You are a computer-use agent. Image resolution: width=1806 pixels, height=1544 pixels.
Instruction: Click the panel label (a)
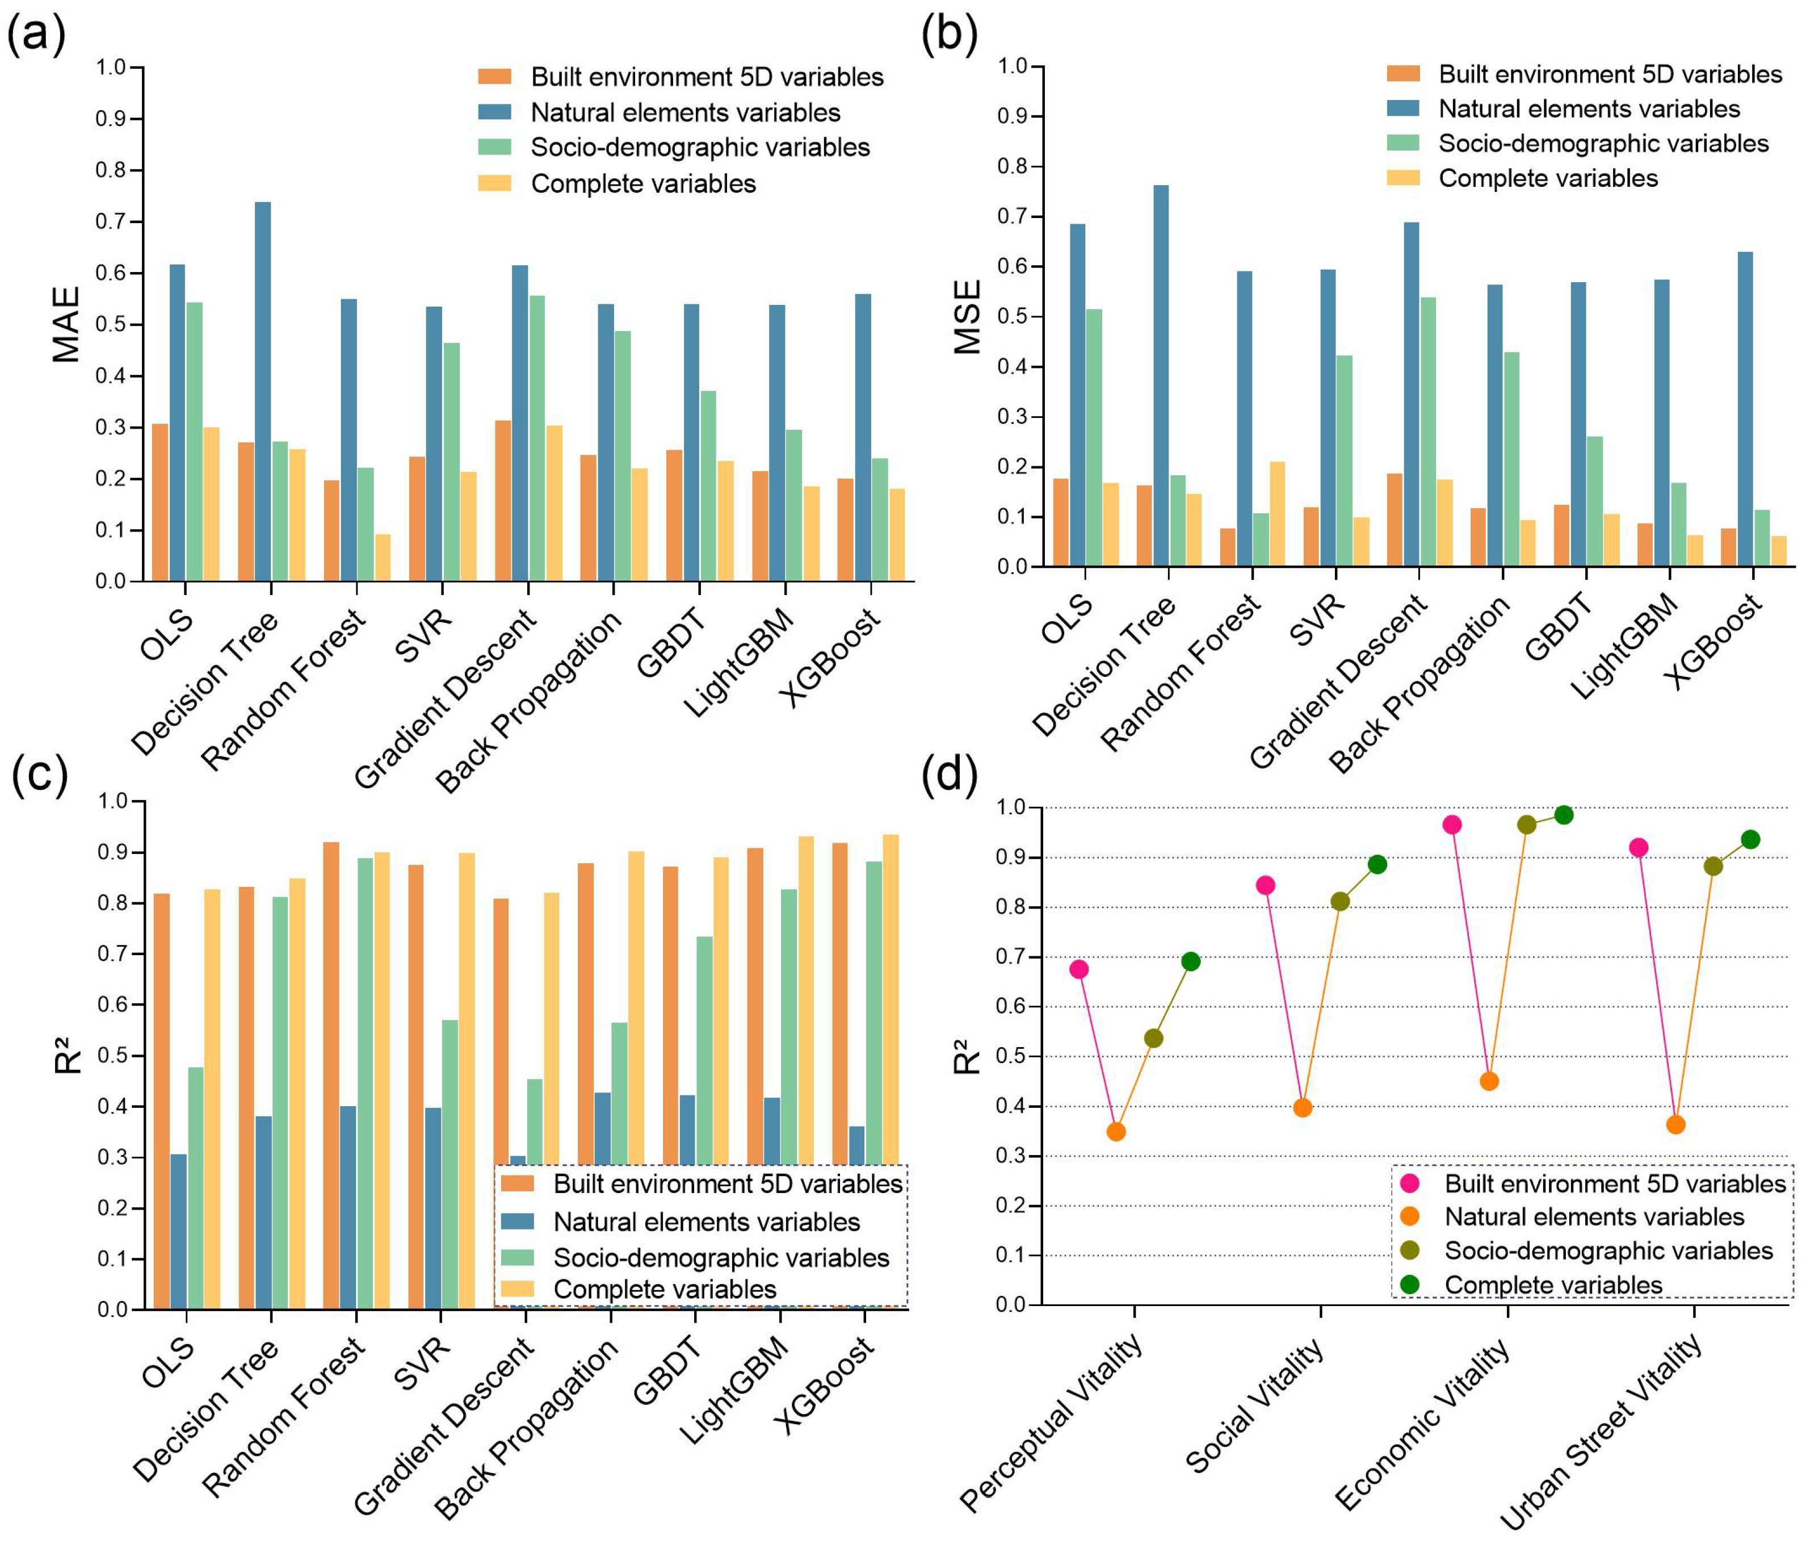36,36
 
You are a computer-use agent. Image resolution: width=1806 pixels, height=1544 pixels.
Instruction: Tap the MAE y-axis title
66,324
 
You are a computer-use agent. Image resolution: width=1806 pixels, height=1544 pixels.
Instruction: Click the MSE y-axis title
968,316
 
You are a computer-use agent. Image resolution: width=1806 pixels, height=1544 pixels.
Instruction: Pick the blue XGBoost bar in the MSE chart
1745,410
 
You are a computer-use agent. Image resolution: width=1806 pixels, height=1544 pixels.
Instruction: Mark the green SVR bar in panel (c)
450,1164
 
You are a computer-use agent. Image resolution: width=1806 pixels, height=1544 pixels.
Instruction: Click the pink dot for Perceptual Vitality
1078,969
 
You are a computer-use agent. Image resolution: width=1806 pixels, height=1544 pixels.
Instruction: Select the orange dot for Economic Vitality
1489,1081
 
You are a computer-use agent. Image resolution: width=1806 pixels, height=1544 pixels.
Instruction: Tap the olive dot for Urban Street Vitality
1713,867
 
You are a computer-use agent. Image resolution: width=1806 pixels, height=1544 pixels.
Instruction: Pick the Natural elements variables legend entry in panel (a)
685,112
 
